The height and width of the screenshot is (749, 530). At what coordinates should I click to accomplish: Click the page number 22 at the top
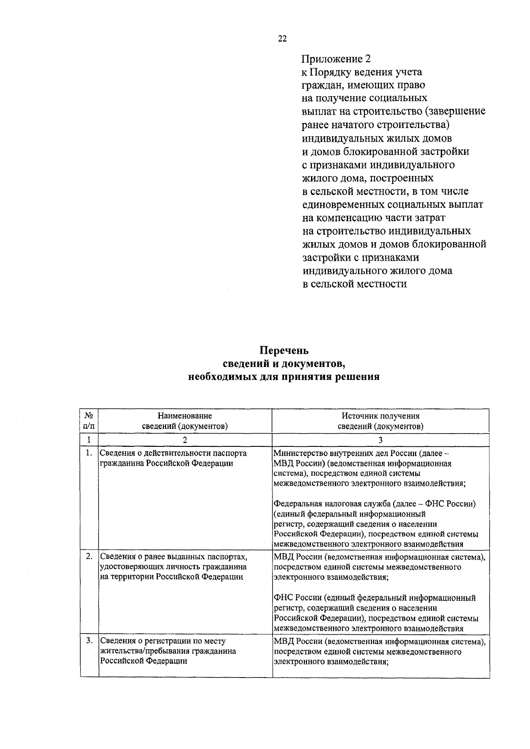(x=282, y=39)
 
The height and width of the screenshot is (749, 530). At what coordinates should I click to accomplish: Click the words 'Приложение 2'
(x=336, y=59)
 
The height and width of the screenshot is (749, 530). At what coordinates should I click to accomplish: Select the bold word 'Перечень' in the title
(x=284, y=351)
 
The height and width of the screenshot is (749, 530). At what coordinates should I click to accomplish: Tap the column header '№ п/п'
(x=89, y=421)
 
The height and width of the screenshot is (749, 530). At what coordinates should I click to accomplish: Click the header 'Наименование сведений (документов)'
(x=185, y=421)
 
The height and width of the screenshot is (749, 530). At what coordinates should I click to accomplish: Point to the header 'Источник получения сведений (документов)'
(x=380, y=421)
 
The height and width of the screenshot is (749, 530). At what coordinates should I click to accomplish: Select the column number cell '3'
(x=380, y=439)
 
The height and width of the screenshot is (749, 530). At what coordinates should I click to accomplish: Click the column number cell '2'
(x=185, y=439)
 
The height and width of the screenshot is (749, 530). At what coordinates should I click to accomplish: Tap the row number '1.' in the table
(x=89, y=453)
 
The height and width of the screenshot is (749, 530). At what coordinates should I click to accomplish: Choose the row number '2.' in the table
(x=89, y=556)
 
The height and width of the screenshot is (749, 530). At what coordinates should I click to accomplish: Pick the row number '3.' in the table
(x=89, y=640)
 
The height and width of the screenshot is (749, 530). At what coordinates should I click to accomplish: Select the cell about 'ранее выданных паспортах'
(x=173, y=566)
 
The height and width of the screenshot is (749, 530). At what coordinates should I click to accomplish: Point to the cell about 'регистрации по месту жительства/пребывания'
(x=168, y=651)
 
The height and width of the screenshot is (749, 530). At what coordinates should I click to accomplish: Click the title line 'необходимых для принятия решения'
(x=284, y=377)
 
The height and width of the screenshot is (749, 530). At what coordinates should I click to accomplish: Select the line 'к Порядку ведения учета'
(x=362, y=72)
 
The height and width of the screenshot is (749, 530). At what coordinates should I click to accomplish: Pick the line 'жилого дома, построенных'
(x=367, y=178)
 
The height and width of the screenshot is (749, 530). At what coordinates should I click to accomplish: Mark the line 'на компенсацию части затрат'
(x=374, y=218)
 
